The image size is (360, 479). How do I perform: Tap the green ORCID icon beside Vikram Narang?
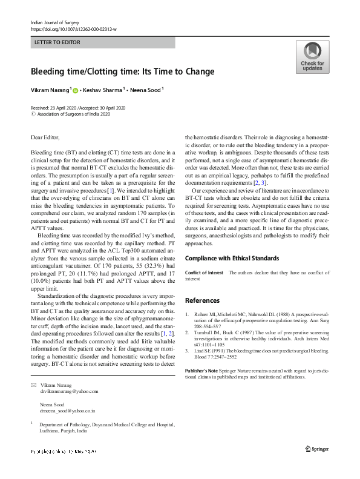tap(76, 90)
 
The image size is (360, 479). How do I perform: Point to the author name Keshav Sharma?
tap(104, 90)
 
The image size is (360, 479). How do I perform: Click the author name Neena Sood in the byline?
tap(146, 90)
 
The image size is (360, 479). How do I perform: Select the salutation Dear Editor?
tap(45, 138)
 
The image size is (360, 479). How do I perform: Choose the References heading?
tap(203, 300)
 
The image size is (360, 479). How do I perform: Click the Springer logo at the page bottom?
tap(317, 448)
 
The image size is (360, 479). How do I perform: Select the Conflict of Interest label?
tap(204, 273)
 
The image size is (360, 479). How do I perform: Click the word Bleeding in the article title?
tap(47, 71)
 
